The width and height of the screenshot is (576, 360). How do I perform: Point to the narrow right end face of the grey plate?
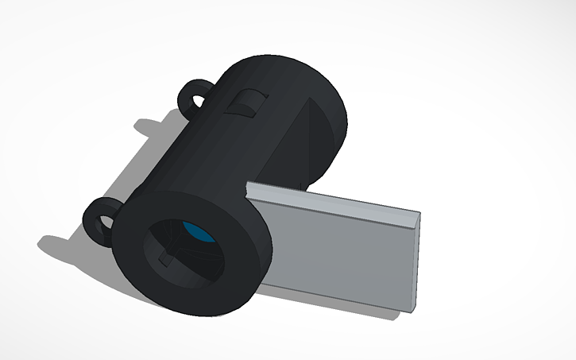414,262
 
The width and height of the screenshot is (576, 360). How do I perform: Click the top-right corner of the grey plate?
416,215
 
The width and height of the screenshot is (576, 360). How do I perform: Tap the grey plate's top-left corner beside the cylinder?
249,187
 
